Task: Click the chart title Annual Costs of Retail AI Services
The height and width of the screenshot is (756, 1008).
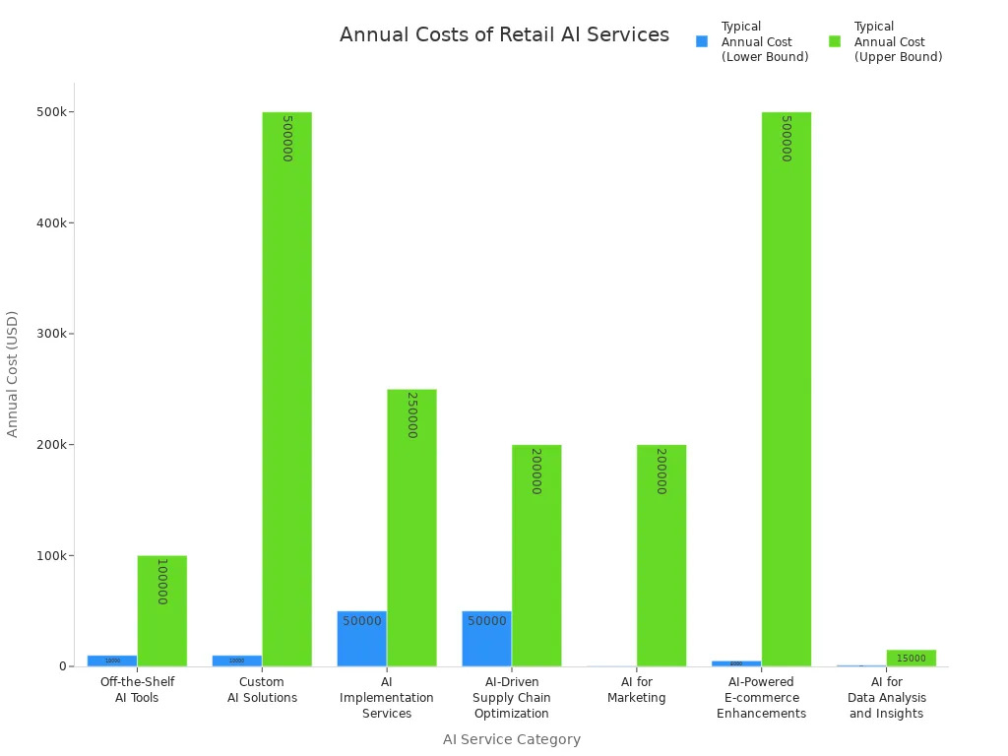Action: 504,35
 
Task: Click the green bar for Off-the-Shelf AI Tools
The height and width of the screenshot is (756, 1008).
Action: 161,610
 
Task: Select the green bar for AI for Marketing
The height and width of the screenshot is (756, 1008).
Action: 661,555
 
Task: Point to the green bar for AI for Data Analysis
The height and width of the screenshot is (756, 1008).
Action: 911,658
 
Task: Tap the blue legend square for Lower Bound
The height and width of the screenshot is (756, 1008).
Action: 702,41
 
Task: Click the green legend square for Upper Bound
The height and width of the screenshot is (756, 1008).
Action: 835,41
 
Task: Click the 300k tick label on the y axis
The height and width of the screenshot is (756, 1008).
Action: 50,334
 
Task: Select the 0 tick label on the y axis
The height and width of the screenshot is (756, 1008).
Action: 62,666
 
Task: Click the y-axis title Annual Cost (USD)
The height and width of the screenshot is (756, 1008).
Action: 13,374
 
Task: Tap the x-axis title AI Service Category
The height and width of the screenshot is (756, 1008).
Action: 511,739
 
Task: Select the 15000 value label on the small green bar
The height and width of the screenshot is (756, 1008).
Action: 911,659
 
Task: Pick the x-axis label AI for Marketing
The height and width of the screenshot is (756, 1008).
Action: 636,690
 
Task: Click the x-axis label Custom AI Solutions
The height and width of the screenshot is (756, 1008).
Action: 262,690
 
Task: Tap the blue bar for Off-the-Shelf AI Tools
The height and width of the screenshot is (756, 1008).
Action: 112,661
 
